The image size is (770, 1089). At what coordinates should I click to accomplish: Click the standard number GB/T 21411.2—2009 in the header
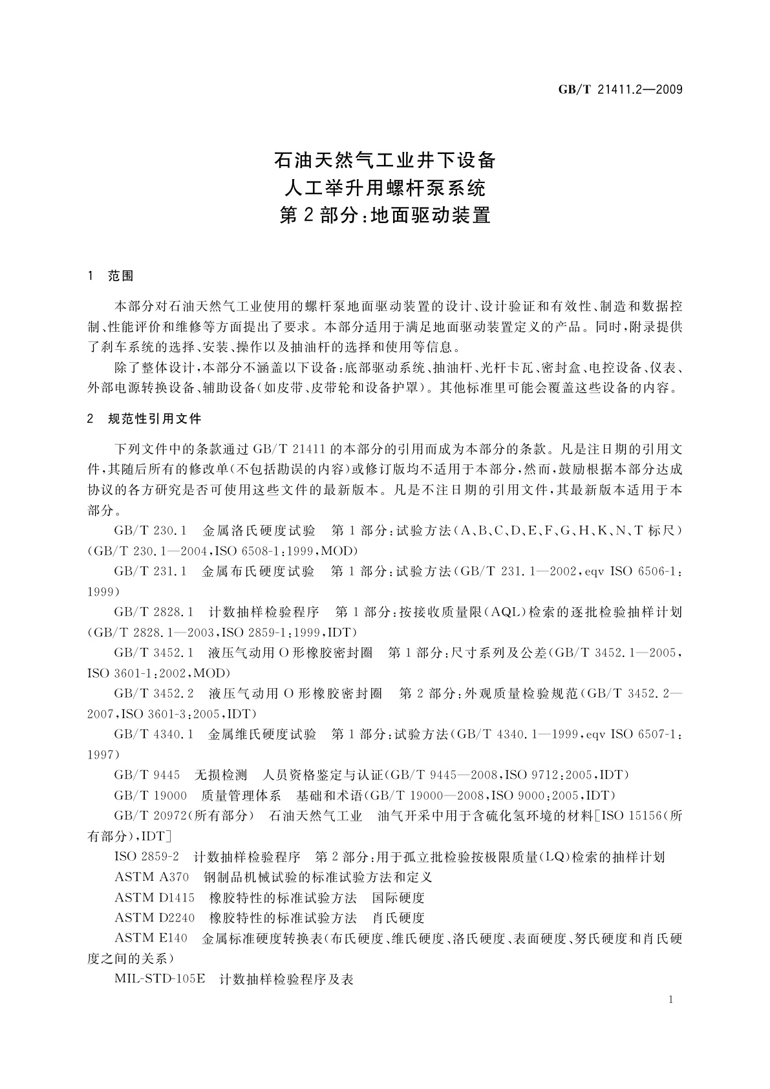click(x=620, y=89)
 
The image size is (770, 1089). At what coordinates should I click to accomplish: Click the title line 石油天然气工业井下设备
click(x=385, y=159)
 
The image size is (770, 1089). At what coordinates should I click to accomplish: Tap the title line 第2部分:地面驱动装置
click(x=385, y=215)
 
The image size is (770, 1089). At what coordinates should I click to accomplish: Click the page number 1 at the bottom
click(x=671, y=1000)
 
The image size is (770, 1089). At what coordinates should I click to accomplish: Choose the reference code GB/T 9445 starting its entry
click(x=147, y=775)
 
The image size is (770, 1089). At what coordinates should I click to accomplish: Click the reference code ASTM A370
click(x=152, y=878)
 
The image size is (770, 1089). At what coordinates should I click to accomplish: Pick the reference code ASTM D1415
click(x=155, y=898)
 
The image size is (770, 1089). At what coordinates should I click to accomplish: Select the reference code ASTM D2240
click(x=155, y=918)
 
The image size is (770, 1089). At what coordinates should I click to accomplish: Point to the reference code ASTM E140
click(x=151, y=938)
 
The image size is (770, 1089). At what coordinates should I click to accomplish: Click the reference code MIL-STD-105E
click(x=160, y=979)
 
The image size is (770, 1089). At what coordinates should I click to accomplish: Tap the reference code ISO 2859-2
click(x=147, y=857)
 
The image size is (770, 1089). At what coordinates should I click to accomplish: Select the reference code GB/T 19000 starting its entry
click(x=150, y=795)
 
